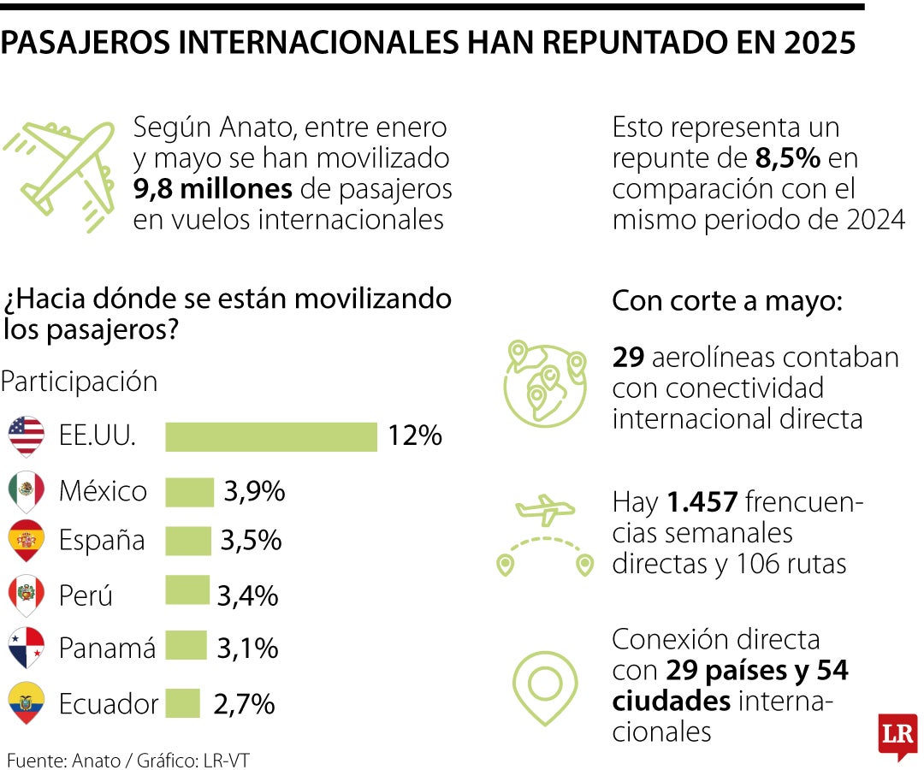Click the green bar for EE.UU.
[270, 436]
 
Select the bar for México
[189, 492]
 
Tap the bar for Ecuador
[182, 703]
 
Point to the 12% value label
[414, 436]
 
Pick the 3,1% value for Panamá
[247, 648]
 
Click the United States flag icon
[26, 436]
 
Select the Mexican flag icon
[26, 490]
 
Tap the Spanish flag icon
[26, 541]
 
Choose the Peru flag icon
[26, 595]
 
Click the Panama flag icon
[26, 648]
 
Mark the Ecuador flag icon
[26, 702]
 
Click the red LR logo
[897, 735]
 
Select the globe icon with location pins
[545, 383]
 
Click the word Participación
[80, 382]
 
